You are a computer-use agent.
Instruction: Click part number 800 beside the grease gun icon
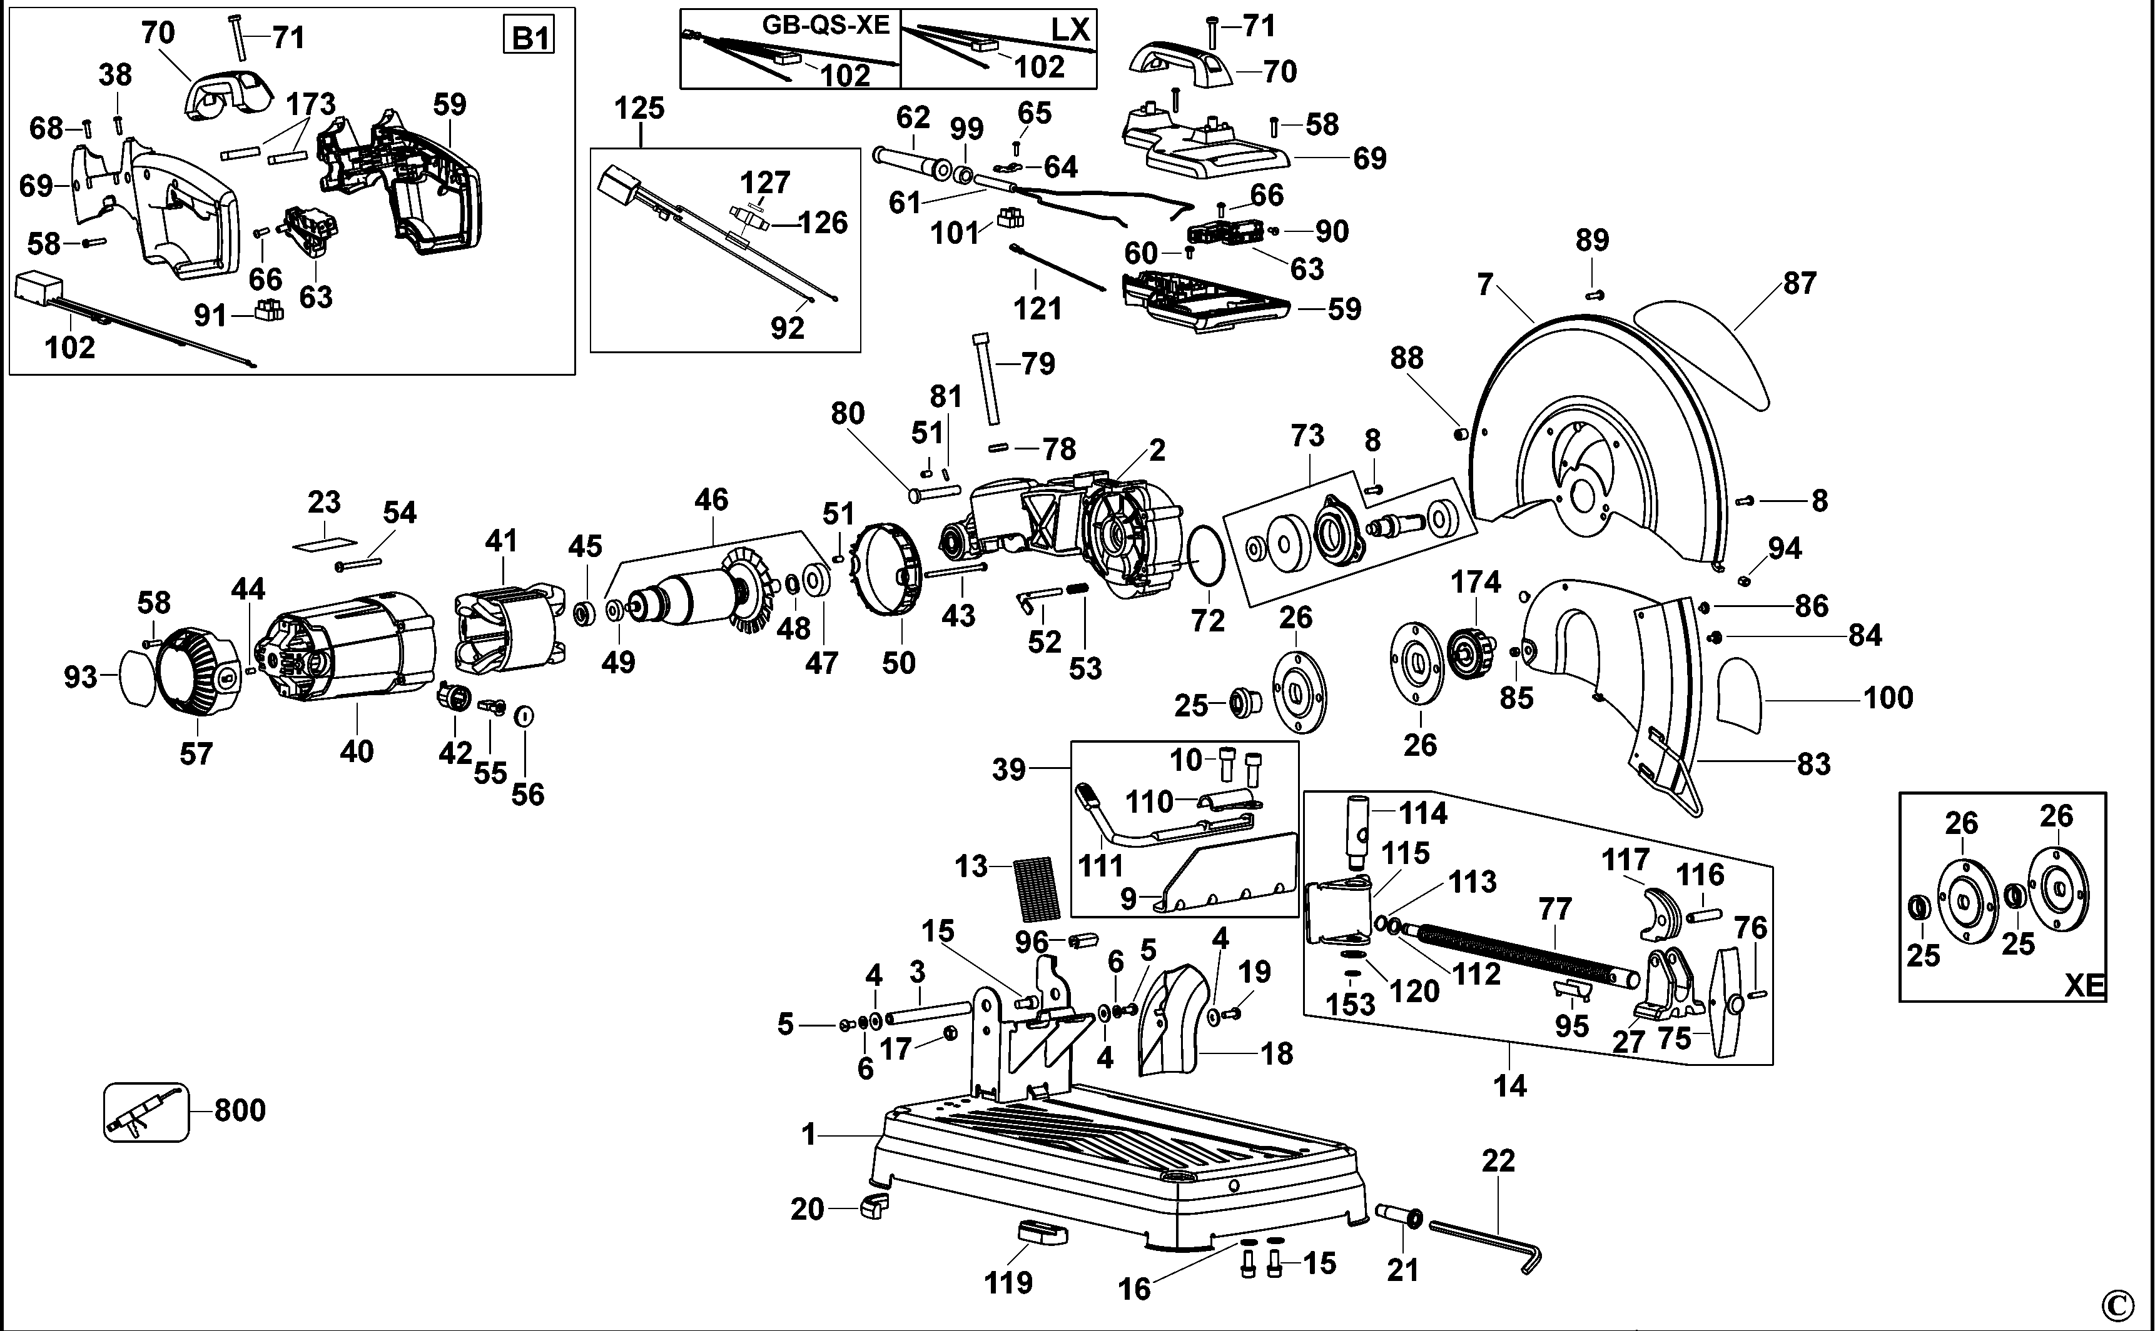click(240, 1110)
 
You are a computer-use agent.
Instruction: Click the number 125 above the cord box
click(639, 108)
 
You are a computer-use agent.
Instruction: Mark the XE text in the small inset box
click(2084, 985)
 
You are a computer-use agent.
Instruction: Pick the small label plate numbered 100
click(1741, 696)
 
